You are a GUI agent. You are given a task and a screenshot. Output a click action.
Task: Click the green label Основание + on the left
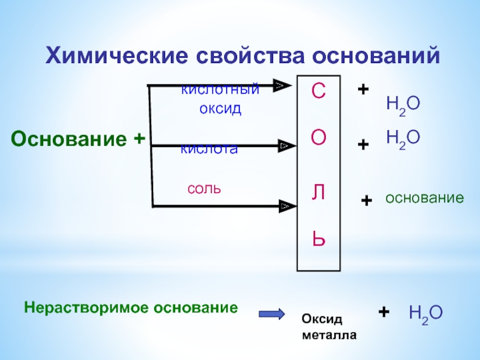(79, 139)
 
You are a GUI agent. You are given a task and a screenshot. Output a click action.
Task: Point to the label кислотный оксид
(220, 100)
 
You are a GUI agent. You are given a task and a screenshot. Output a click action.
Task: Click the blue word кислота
(209, 149)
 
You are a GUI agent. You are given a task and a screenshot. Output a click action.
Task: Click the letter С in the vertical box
(318, 92)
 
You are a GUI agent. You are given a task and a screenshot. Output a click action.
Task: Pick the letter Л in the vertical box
(318, 192)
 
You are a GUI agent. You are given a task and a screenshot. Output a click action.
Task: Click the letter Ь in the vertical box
(318, 239)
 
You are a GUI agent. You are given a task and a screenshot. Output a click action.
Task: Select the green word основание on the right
(424, 197)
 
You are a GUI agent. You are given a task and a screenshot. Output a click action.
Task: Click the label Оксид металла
(329, 327)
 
